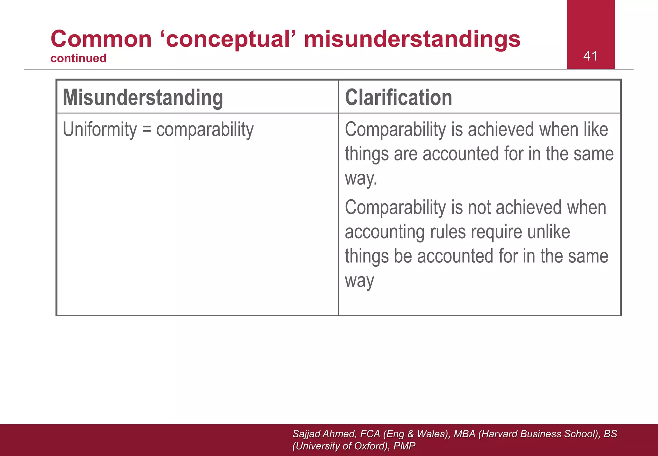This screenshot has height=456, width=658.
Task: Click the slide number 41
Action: [590, 56]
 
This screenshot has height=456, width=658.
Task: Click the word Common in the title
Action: [101, 39]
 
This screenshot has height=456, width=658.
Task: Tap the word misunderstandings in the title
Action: [412, 39]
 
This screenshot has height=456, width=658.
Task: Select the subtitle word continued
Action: [78, 59]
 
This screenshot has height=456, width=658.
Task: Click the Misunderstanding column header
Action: [143, 97]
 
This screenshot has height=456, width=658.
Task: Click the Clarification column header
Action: [398, 97]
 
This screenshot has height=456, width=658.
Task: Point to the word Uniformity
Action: [100, 130]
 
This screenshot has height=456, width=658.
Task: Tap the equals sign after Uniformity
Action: [147, 130]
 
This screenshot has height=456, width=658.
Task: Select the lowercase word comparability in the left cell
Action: [205, 130]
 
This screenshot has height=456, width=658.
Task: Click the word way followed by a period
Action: [360, 178]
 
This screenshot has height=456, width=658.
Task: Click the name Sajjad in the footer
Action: [307, 434]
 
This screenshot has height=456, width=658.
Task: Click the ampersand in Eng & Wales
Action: [410, 434]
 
